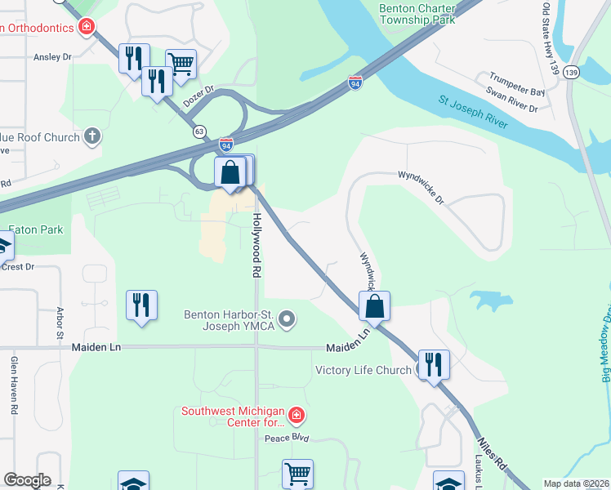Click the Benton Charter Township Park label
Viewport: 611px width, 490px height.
(416, 16)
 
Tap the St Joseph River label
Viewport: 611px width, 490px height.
(473, 112)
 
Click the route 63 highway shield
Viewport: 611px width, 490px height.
(199, 131)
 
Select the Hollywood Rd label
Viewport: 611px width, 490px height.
(256, 245)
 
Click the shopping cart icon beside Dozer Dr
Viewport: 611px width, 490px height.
(181, 62)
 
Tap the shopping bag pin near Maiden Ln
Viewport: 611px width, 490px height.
(374, 306)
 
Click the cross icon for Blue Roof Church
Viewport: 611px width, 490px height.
(93, 136)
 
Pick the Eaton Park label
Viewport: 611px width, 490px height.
(34, 230)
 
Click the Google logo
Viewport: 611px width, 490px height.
(27, 480)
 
